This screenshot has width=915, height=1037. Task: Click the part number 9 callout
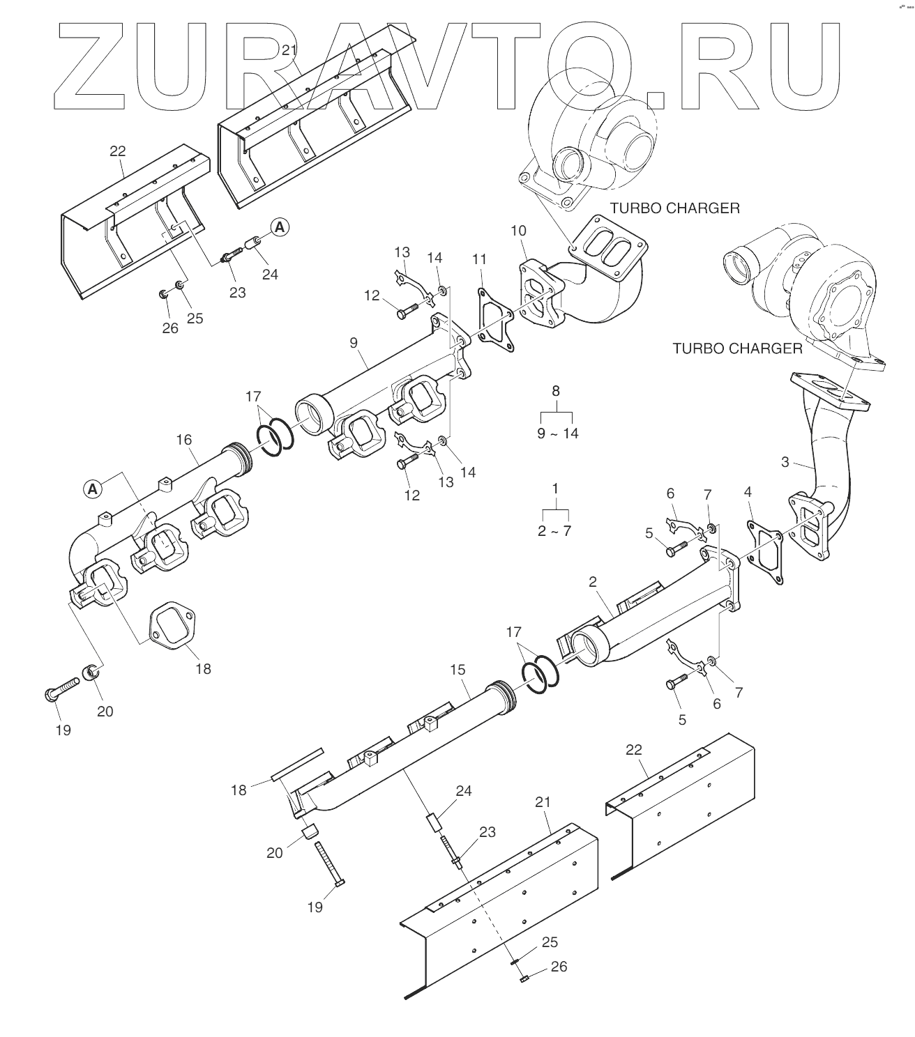[x=354, y=342]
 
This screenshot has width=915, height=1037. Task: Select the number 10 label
[x=518, y=231]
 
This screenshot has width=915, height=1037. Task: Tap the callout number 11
[x=478, y=260]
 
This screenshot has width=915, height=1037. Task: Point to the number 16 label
[x=183, y=440]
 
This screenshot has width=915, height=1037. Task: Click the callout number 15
[x=457, y=670]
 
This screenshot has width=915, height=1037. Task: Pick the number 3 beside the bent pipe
[x=785, y=461]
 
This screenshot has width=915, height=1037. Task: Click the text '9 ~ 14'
[x=557, y=433]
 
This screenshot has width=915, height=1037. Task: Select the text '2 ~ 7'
[x=554, y=530]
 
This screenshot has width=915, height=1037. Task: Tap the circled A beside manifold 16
[x=92, y=489]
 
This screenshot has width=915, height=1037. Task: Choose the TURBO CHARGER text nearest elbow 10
[x=674, y=208]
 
